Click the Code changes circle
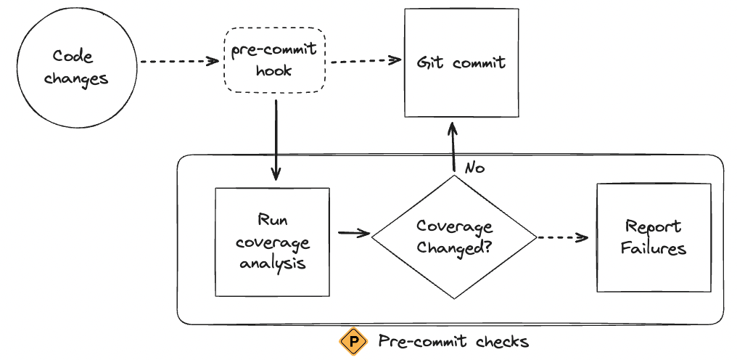(76, 67)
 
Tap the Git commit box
(461, 63)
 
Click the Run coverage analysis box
(273, 242)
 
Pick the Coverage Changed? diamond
(454, 237)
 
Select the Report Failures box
(653, 237)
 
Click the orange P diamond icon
(354, 341)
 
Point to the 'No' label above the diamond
(474, 168)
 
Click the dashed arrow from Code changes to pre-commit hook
(178, 62)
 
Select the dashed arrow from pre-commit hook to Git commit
(366, 61)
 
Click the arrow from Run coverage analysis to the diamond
(353, 233)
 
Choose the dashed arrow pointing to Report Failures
(561, 237)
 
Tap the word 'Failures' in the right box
(653, 249)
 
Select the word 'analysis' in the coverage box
(273, 262)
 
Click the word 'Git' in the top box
(430, 63)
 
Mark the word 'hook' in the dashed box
(276, 70)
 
